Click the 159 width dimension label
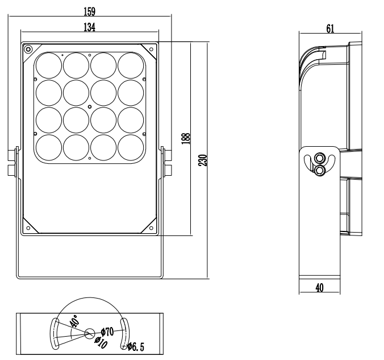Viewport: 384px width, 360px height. pos(89,11)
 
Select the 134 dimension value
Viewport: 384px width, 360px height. pos(89,27)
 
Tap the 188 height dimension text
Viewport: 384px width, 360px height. pos(186,139)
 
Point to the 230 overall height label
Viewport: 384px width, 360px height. pos(203,160)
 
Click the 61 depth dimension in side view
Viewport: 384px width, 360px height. pos(330,28)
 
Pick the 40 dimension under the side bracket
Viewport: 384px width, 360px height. pos(320,288)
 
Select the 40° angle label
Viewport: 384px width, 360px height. pos(74,321)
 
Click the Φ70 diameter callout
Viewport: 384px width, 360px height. pos(107,332)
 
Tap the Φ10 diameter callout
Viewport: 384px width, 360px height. pos(101,342)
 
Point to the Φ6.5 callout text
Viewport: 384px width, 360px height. pos(136,347)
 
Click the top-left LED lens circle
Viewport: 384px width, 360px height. pos(49,65)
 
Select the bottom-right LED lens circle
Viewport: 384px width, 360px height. pos(131,147)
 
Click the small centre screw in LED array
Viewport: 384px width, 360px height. pos(90,107)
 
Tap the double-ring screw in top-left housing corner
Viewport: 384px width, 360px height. pos(28,49)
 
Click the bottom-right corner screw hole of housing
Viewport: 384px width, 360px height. pos(151,228)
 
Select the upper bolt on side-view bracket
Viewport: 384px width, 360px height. pos(319,158)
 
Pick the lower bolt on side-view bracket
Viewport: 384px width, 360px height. pos(319,170)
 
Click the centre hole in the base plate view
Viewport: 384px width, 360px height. pos(90,333)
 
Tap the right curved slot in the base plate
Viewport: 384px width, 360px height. pos(125,333)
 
